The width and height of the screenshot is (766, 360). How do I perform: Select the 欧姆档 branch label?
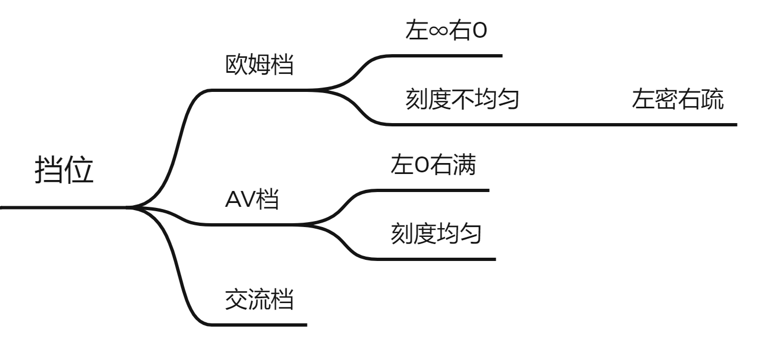click(259, 66)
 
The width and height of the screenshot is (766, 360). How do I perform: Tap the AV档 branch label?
click(252, 201)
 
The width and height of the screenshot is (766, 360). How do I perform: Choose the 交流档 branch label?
click(259, 300)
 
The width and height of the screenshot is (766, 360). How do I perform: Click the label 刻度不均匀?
click(462, 100)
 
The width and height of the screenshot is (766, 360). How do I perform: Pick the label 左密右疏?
click(678, 100)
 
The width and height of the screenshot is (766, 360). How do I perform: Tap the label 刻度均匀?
click(436, 235)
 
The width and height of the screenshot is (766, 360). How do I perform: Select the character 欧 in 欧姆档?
click(236, 66)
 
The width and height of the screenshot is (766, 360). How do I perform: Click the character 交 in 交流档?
click(236, 300)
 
